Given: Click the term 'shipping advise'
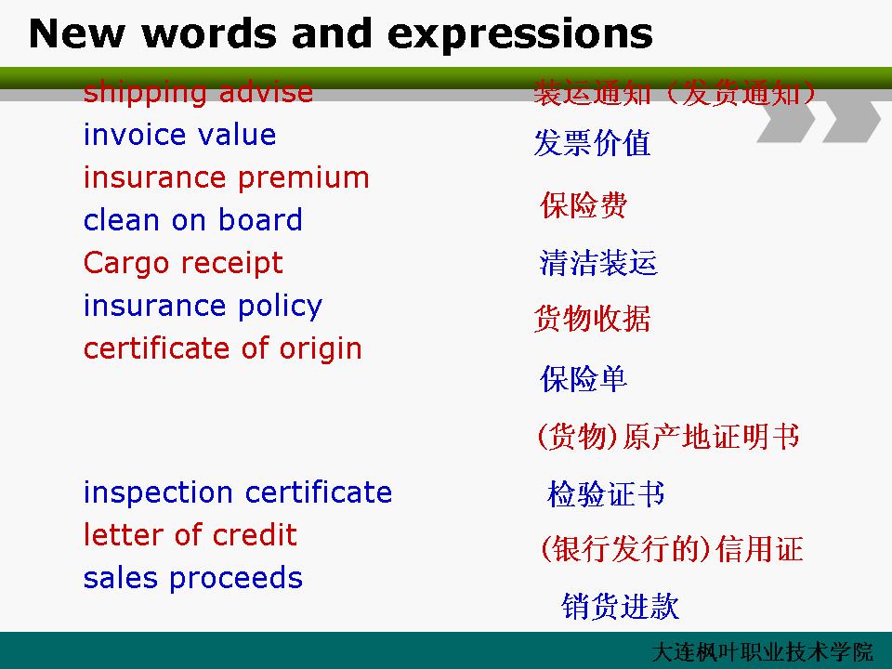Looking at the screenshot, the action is coord(198,93).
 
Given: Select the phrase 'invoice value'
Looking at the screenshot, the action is coord(179,135).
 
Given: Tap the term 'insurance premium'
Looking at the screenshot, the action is coord(227,178).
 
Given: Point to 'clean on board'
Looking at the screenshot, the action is coord(193,219).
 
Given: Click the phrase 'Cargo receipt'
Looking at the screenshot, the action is coord(183,263).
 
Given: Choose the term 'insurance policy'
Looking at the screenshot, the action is coord(203,306).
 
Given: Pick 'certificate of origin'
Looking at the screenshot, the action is coord(222,348).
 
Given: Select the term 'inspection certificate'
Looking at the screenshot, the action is coord(238,492).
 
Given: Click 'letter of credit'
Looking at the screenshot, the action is coord(190,535).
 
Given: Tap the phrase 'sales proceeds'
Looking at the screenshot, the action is coord(193,578).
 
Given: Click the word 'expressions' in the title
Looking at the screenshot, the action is coord(520,34).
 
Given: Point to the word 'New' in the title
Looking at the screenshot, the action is coord(75,33).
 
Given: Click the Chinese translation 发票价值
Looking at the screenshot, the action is coord(592,142).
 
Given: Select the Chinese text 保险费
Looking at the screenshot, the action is coord(584,204).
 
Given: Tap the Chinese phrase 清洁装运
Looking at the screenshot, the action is coord(598,263).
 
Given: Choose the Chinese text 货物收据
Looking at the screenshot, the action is coord(592,318).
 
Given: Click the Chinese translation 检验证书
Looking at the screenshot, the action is coord(606,493).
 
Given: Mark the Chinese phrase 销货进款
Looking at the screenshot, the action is coord(620,606).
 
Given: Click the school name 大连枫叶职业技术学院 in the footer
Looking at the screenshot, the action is coord(762,652).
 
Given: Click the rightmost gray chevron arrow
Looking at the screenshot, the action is coord(852,121).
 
